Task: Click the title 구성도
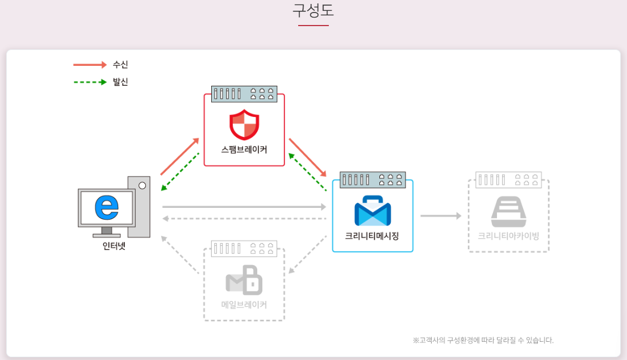click(x=313, y=11)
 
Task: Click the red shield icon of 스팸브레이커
click(x=244, y=124)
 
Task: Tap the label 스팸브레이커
click(x=244, y=150)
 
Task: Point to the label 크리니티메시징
click(x=372, y=236)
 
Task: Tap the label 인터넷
click(x=114, y=246)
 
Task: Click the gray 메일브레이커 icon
click(x=244, y=280)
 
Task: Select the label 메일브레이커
click(x=244, y=304)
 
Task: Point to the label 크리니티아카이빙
click(x=508, y=236)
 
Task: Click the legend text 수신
click(x=120, y=65)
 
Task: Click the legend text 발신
click(x=120, y=82)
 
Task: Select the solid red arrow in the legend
click(x=90, y=65)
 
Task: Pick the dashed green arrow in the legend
click(x=90, y=82)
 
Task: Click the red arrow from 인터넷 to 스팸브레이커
click(x=179, y=156)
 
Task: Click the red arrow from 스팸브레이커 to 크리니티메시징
click(x=308, y=157)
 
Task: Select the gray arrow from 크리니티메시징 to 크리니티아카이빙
click(x=440, y=216)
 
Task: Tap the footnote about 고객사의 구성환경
click(x=483, y=340)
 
